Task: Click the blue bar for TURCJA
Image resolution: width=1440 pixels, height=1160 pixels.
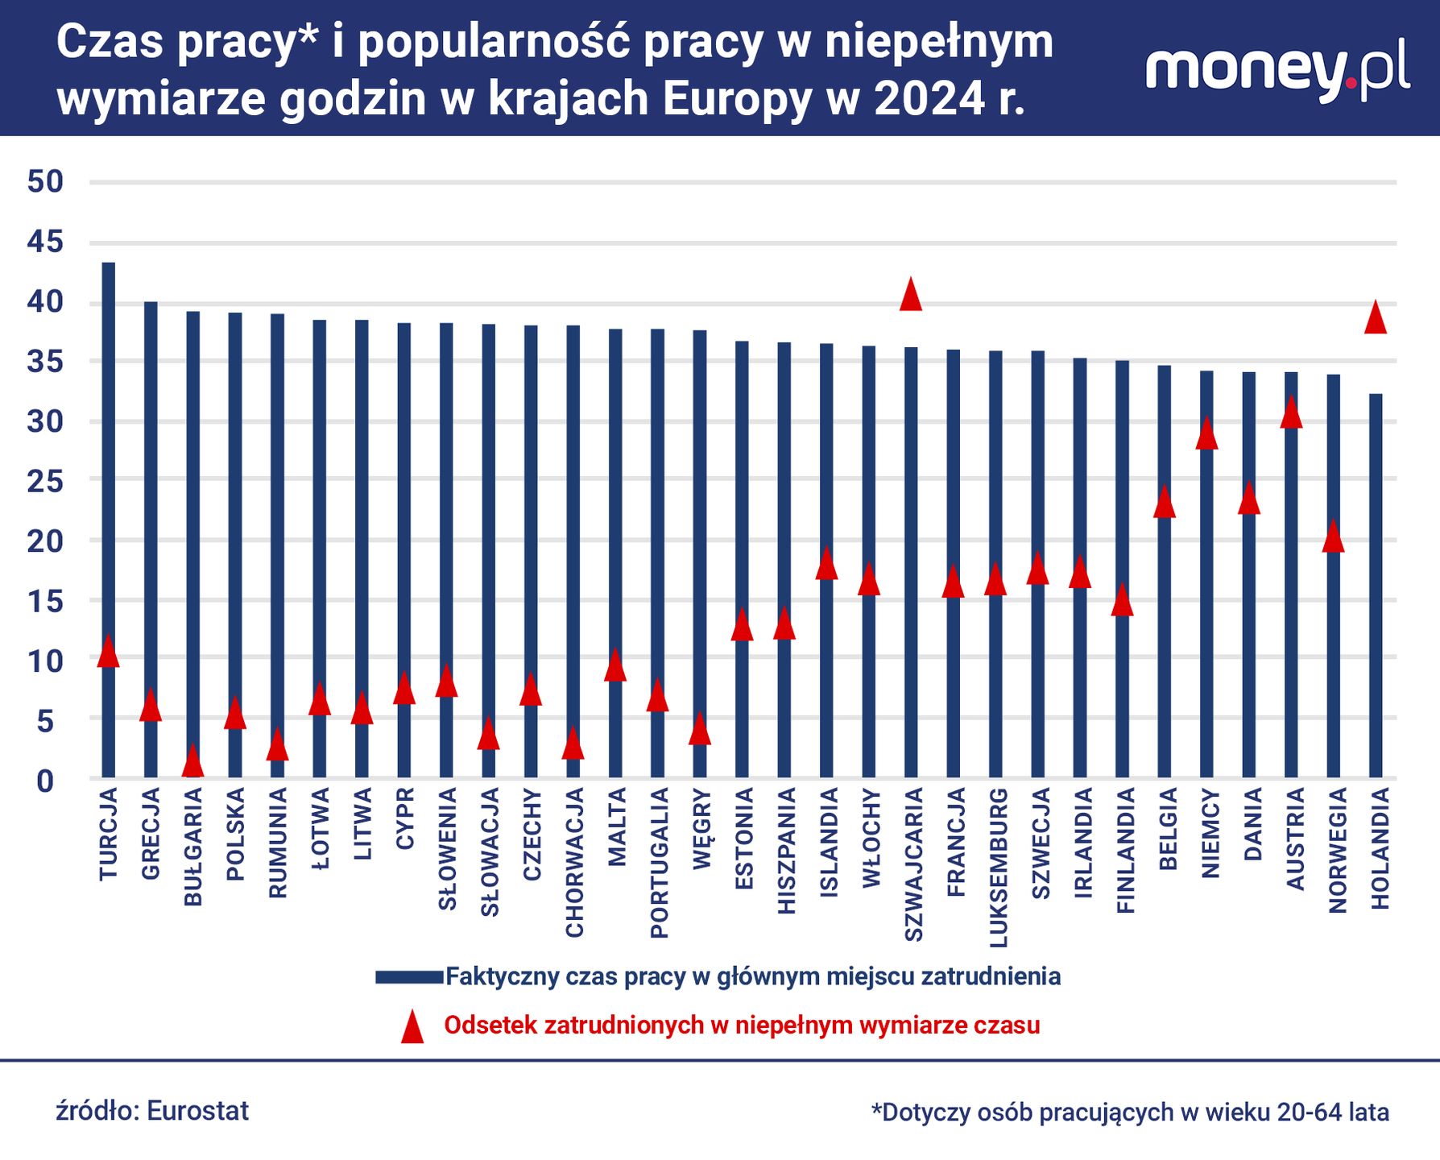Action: tap(108, 483)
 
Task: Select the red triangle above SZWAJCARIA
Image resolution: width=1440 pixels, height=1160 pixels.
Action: tap(910, 296)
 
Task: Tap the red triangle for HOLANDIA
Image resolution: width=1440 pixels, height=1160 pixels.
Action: tap(1376, 318)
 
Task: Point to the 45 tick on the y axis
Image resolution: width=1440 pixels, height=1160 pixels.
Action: tap(45, 242)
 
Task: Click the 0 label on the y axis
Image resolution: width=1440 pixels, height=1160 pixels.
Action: tap(45, 781)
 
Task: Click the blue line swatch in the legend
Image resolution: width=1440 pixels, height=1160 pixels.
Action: tap(409, 977)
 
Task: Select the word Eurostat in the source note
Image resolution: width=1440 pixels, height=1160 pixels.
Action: tap(198, 1111)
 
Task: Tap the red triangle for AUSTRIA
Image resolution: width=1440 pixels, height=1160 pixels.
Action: tap(1291, 413)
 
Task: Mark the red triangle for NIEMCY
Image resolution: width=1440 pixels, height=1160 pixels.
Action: tap(1206, 434)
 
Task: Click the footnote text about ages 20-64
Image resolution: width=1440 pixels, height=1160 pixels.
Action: tap(1130, 1112)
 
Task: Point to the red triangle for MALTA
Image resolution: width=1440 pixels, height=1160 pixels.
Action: tap(615, 666)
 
